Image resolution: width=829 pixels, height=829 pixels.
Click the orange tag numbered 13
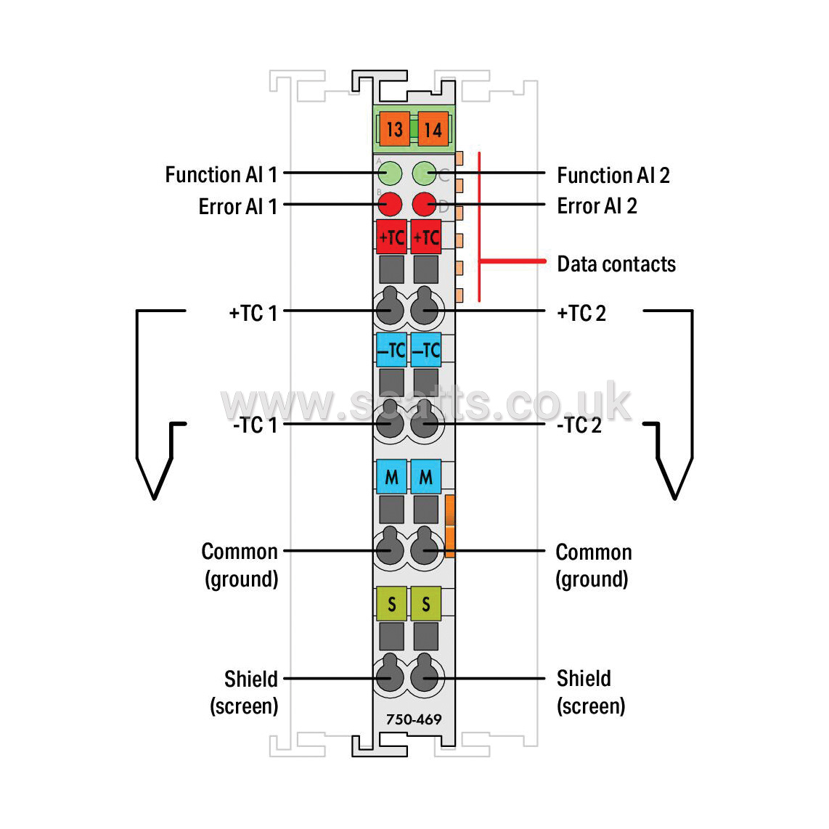coord(394,129)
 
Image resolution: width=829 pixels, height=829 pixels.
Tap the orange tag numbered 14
coord(433,129)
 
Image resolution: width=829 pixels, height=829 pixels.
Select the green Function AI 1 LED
coord(390,173)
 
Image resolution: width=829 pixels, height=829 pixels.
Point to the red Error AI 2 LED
coord(424,204)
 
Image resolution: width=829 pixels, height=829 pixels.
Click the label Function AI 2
coord(613,175)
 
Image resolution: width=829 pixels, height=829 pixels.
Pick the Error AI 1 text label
coord(238,206)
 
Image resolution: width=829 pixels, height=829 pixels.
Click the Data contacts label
coord(616,264)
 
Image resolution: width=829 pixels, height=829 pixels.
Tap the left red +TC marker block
coord(392,237)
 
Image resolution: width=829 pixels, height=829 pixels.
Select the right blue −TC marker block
coord(425,349)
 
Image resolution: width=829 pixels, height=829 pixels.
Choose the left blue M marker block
coord(392,477)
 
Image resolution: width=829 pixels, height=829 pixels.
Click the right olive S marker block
coord(425,603)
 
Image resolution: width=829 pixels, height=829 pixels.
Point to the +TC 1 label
coord(253,313)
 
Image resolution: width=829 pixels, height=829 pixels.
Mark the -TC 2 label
coord(579,425)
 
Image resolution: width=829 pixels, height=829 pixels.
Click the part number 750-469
coord(414,719)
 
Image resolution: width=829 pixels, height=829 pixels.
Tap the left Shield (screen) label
coord(244,692)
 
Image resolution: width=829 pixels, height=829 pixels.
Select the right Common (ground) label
coord(594,565)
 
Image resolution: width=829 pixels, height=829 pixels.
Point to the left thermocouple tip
coord(155,497)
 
